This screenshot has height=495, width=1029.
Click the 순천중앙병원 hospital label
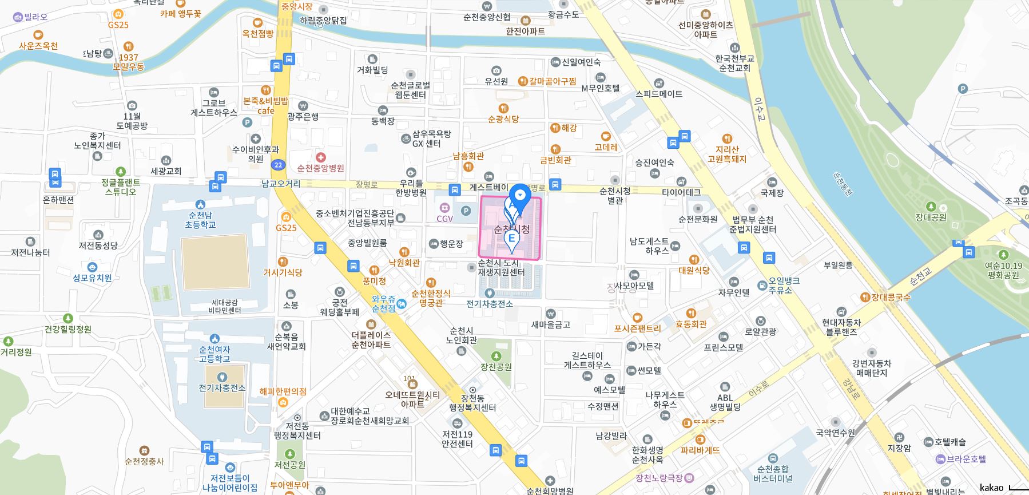(320, 168)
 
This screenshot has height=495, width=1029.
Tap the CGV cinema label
(444, 218)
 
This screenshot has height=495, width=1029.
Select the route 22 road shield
(278, 165)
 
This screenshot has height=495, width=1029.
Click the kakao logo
(991, 488)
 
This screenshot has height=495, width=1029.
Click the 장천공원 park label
(496, 367)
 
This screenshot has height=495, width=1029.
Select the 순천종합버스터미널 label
(773, 473)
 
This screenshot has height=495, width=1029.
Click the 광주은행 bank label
(303, 116)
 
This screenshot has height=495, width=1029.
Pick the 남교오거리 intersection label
(281, 183)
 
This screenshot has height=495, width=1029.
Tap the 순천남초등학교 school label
(200, 220)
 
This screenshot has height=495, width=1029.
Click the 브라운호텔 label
(966, 459)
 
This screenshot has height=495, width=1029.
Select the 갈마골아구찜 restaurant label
(552, 81)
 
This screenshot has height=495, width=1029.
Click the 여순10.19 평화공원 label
(1003, 270)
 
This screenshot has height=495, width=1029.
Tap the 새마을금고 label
(551, 324)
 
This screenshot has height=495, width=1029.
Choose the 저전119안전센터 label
(457, 438)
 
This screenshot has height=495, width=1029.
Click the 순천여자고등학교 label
(214, 354)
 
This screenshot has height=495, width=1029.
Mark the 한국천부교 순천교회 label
(734, 63)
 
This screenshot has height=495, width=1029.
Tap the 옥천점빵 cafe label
(257, 34)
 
